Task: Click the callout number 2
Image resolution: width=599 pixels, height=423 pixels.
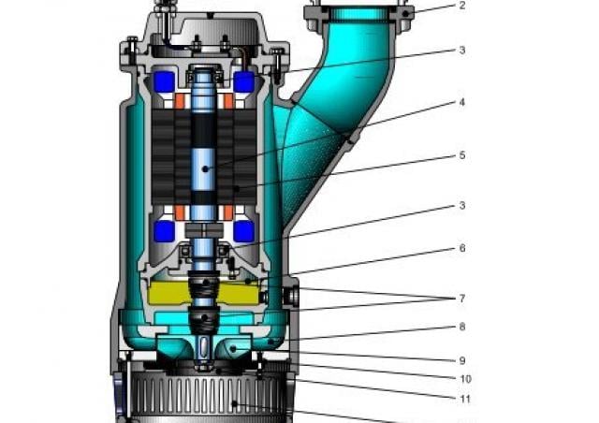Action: [x=462, y=6]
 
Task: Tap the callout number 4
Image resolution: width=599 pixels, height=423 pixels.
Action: [x=462, y=102]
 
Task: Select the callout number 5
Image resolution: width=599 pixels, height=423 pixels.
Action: [x=462, y=155]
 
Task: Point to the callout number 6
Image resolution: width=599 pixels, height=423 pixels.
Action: [x=462, y=248]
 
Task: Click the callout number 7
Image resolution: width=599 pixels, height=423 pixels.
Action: [x=462, y=299]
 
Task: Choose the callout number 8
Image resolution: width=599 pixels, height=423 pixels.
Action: [x=462, y=328]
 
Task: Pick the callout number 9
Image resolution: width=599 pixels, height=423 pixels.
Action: [x=462, y=360]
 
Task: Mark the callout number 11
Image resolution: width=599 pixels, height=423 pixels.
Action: [x=465, y=400]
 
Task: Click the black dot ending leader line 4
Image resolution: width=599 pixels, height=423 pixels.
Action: [x=205, y=168]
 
